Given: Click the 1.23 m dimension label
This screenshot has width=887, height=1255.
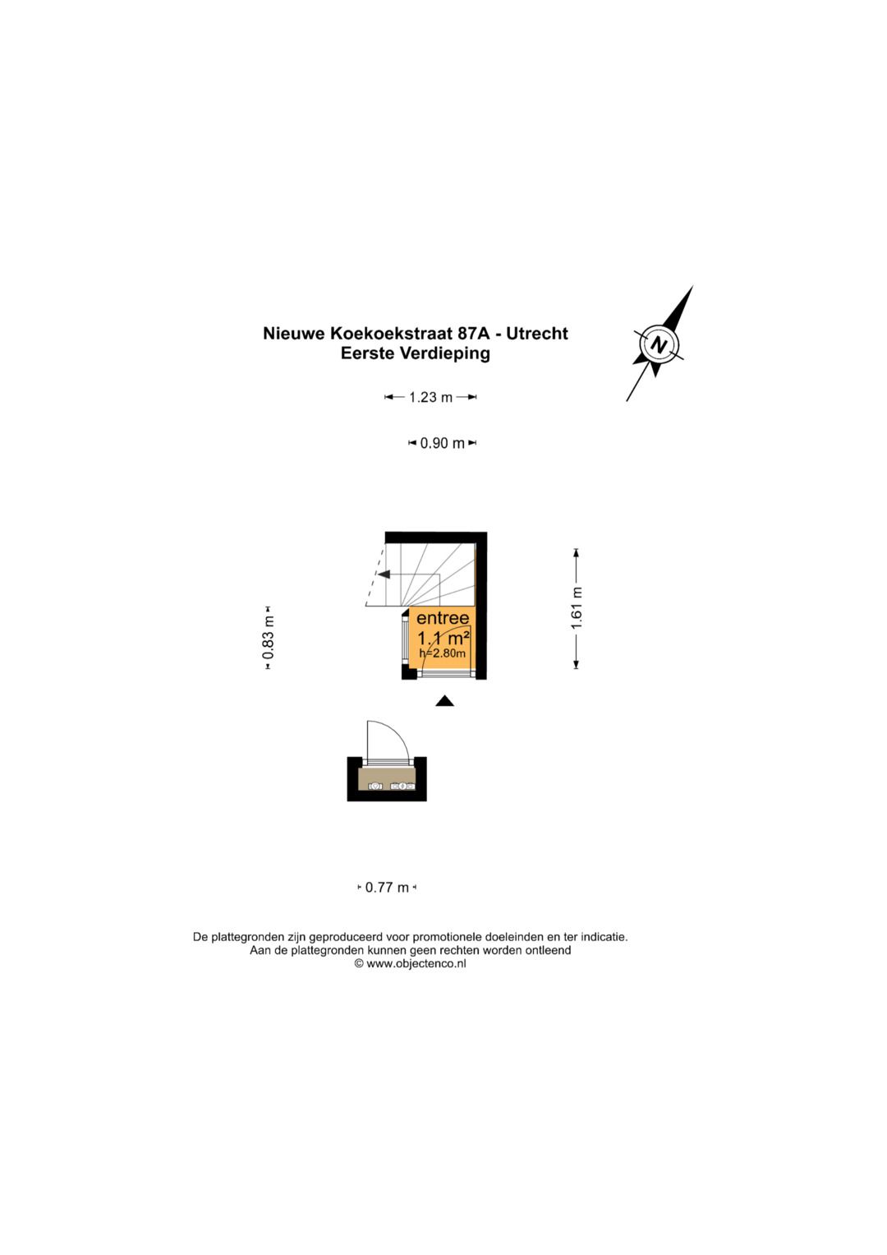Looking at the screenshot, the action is click(x=430, y=397).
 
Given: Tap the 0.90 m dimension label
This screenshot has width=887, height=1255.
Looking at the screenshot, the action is click(x=443, y=443).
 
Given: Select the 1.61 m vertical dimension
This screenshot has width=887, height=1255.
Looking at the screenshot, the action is click(x=577, y=608).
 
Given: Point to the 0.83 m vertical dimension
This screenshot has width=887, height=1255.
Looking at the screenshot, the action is click(x=269, y=638).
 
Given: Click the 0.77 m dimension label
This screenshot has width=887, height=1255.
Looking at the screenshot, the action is click(x=387, y=888).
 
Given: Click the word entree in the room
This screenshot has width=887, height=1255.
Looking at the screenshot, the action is click(x=443, y=618).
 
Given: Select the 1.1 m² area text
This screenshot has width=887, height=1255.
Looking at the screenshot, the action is click(x=443, y=638).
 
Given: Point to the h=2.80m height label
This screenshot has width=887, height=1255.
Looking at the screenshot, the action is click(x=443, y=653).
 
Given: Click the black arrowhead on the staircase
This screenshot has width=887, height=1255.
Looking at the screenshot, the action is click(x=384, y=574).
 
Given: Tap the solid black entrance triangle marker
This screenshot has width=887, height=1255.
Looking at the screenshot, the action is click(x=444, y=700).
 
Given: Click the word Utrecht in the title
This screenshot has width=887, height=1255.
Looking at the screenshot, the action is click(x=537, y=334).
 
